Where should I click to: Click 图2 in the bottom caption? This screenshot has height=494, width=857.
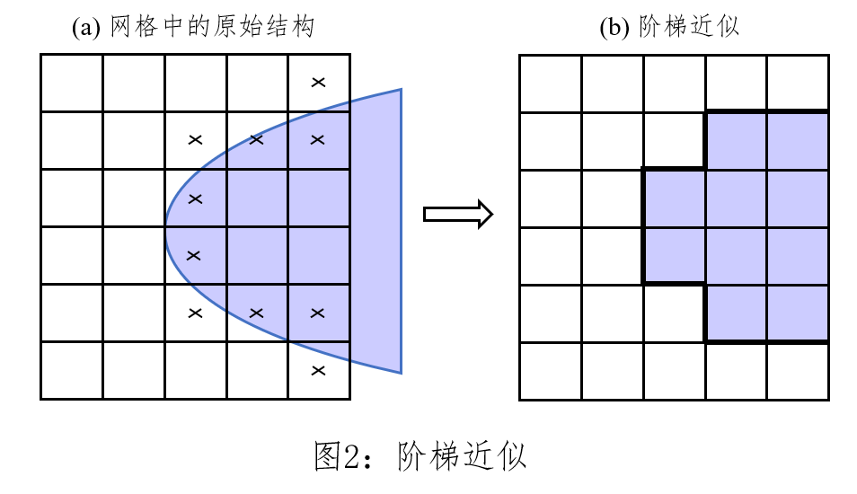tap(338, 456)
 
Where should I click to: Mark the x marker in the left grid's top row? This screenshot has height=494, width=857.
tap(317, 83)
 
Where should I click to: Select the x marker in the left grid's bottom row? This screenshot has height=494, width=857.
tap(317, 370)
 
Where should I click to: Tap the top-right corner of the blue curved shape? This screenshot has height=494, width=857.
tap(400, 90)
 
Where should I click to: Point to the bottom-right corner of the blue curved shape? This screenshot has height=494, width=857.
tap(400, 372)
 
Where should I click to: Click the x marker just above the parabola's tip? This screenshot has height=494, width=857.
tap(195, 198)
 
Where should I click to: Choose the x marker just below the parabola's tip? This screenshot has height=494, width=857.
tap(193, 255)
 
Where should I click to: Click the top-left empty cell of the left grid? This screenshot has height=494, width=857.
tap(72, 84)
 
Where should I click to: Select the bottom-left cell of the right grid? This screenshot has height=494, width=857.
tap(551, 371)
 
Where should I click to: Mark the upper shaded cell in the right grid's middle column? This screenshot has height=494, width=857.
tap(674, 198)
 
